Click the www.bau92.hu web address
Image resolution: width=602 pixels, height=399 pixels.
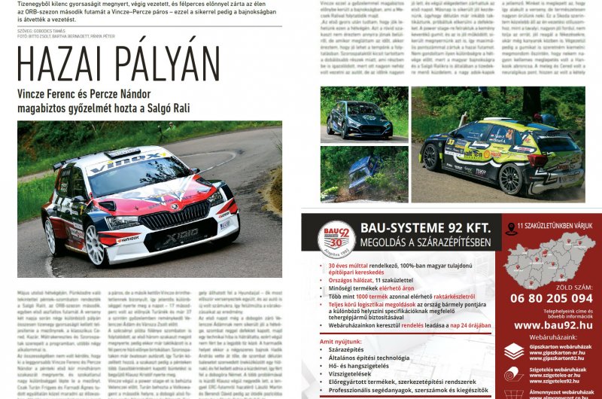click(x=551, y=325)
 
